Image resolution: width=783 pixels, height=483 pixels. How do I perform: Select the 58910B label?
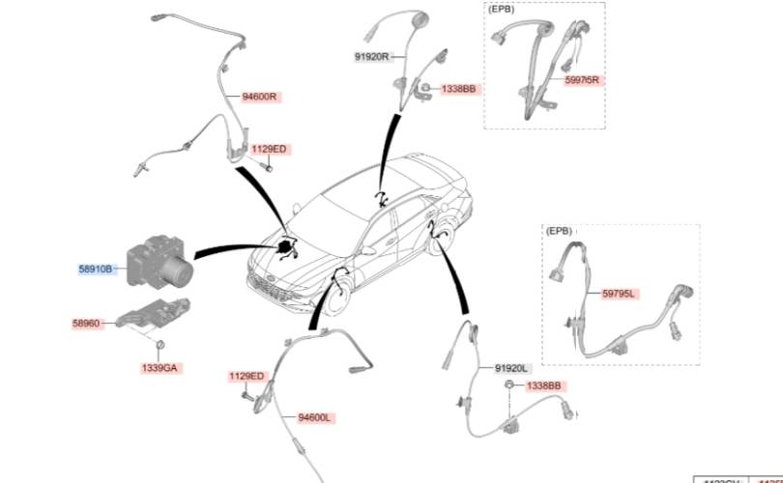coord(96,269)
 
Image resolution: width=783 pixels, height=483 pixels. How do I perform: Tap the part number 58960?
coord(86,325)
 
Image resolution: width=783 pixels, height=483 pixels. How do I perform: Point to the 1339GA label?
coord(160,368)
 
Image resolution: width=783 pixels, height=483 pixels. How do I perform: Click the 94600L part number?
coord(315,417)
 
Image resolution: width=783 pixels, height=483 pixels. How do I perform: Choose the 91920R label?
coord(371,57)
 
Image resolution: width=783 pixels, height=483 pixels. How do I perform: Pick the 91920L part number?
coord(511,368)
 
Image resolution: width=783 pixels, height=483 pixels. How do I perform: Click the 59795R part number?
coord(582,80)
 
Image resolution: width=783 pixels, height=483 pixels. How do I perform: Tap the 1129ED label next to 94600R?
coord(269,149)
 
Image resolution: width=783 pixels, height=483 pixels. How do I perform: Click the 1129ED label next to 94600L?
coord(246,376)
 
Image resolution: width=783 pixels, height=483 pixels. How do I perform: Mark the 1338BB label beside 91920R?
coord(459,89)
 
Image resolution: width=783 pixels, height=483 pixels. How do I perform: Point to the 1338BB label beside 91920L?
coord(542,385)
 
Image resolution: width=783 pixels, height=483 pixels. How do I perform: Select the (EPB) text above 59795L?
coord(560,231)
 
